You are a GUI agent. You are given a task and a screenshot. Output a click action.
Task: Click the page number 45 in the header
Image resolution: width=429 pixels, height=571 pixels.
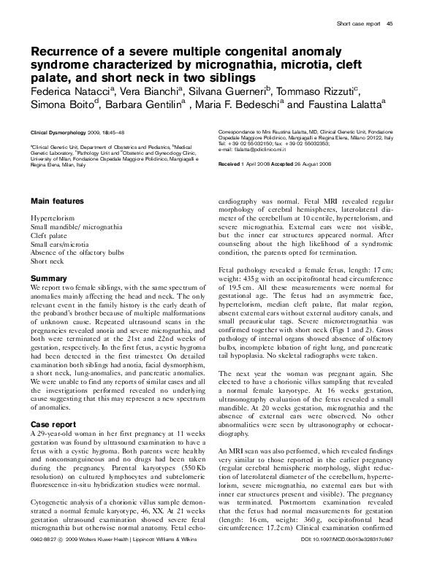390,25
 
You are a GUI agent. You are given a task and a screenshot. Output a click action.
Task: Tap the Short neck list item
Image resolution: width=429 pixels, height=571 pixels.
48,261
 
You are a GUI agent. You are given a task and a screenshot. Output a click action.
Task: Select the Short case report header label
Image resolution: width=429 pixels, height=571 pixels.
357,25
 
